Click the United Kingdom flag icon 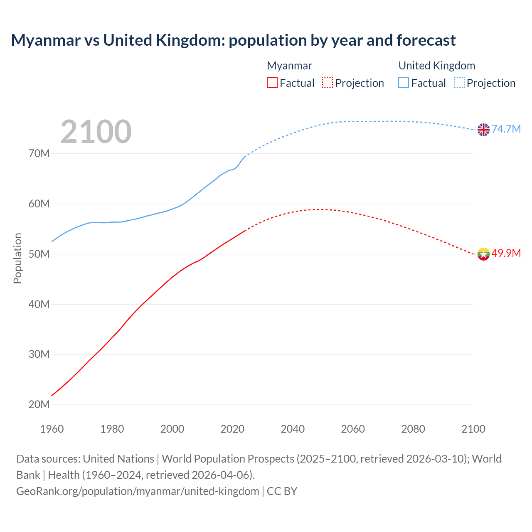(x=483, y=130)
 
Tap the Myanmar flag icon (x=483, y=254)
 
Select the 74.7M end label (x=506, y=129)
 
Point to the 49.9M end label (x=506, y=253)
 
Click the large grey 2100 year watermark (x=96, y=132)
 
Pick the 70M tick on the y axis (x=39, y=154)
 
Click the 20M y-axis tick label (x=39, y=404)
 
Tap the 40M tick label (x=39, y=304)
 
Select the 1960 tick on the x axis (x=52, y=429)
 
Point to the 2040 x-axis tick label (x=293, y=429)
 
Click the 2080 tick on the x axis (x=413, y=429)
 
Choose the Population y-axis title (x=17, y=258)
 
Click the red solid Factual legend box (x=272, y=83)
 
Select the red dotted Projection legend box (x=328, y=83)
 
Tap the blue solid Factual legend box (x=404, y=83)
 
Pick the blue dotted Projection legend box (x=459, y=83)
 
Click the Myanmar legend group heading (x=289, y=66)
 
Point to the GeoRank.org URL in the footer (x=138, y=491)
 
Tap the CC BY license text (x=282, y=491)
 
